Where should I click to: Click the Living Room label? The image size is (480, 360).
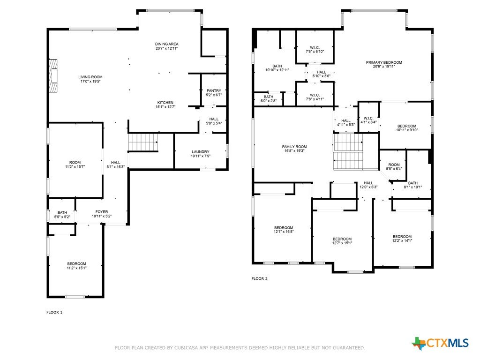coord(90,77)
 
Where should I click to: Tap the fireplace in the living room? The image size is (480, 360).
coord(53,75)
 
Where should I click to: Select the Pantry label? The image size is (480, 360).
coord(214,90)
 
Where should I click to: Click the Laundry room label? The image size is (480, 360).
coord(201,152)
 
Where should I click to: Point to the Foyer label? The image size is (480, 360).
coord(102,212)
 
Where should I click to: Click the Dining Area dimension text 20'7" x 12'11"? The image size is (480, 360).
coord(166,48)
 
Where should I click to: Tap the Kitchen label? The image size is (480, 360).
coord(165,103)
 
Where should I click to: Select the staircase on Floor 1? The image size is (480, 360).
coord(143,142)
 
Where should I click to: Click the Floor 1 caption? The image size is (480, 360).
coord(54,312)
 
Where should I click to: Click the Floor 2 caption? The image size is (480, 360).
coord(260,278)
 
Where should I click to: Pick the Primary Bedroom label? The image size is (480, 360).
coord(384,62)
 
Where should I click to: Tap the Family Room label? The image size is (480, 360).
coord(294,147)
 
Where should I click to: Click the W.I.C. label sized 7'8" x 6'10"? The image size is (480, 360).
coord(315,48)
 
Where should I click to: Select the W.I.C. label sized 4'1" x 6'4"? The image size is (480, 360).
coord(368,119)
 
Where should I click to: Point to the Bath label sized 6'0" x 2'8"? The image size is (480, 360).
coord(269,97)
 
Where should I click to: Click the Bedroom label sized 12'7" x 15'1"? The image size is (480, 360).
coord(342,239)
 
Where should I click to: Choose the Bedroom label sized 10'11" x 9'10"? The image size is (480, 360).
coord(407,126)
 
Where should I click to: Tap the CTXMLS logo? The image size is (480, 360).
coord(440,343)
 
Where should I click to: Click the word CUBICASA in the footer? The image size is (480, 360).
coord(187,348)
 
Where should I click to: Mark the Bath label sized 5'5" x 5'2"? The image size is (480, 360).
coord(62,212)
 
